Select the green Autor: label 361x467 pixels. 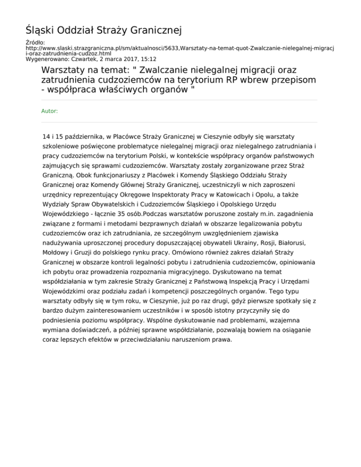[x=50, y=111]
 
